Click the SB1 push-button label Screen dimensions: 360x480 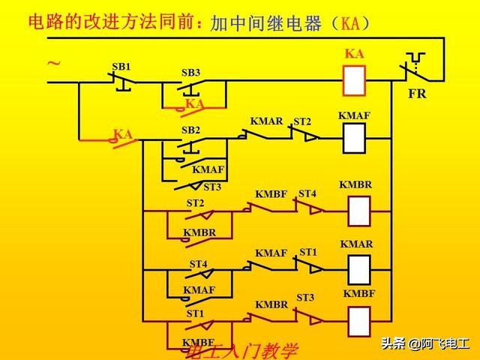[x=121, y=67]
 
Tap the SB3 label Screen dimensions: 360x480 [x=190, y=73]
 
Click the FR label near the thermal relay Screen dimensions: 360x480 [x=417, y=95]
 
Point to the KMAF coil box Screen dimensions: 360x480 [x=354, y=138]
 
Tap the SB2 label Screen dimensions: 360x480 [x=190, y=130]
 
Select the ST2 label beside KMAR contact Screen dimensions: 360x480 [x=301, y=121]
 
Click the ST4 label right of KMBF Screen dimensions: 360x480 [x=307, y=193]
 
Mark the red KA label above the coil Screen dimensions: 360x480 [x=354, y=54]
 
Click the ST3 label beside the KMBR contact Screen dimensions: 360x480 [x=305, y=298]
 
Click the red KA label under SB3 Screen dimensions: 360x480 [x=195, y=103]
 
